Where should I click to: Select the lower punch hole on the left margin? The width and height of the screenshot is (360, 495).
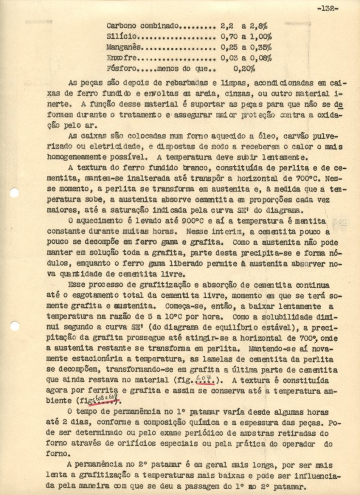pos(15,326)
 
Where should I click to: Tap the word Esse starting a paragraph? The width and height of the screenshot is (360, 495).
pos(77,285)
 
